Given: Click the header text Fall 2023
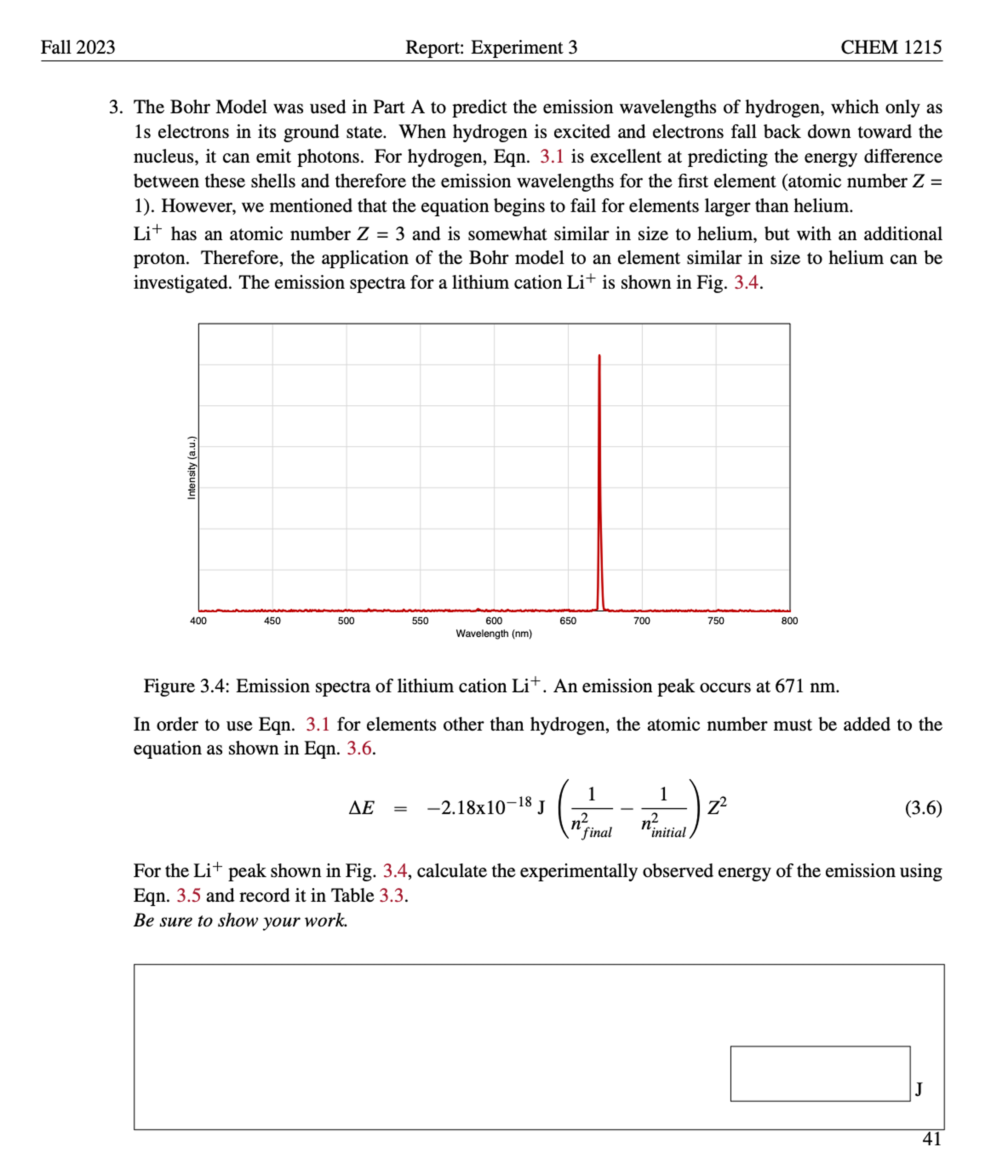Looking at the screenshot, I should (78, 47).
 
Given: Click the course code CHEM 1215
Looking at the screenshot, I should (891, 47).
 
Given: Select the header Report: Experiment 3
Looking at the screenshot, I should (491, 47).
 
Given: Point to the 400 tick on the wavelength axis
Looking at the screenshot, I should (198, 621).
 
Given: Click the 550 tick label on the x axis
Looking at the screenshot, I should (420, 621).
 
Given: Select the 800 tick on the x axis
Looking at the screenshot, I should (790, 621).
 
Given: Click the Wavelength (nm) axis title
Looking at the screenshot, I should (494, 634).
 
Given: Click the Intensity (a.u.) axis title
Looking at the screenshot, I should (192, 467).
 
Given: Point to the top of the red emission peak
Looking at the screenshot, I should (599, 356).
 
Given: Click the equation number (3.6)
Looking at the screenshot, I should (923, 808).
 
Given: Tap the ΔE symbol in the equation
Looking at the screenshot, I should (361, 808).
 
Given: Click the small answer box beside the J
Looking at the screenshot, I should (820, 1073).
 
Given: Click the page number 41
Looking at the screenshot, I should (931, 1139).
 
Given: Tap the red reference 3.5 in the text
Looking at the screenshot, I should (188, 895).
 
